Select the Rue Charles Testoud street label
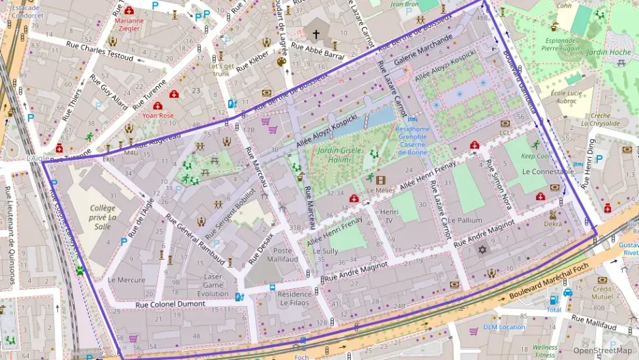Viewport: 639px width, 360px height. (x=99, y=51)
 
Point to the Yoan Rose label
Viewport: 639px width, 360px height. (x=158, y=115)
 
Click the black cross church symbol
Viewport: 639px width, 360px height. (x=315, y=33)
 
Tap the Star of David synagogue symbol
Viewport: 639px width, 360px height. (x=483, y=250)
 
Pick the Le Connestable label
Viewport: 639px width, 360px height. (x=548, y=171)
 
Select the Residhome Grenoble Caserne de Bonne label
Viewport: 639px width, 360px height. (x=412, y=140)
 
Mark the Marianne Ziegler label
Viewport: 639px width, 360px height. (x=128, y=25)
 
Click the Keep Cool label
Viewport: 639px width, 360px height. (x=535, y=156)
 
